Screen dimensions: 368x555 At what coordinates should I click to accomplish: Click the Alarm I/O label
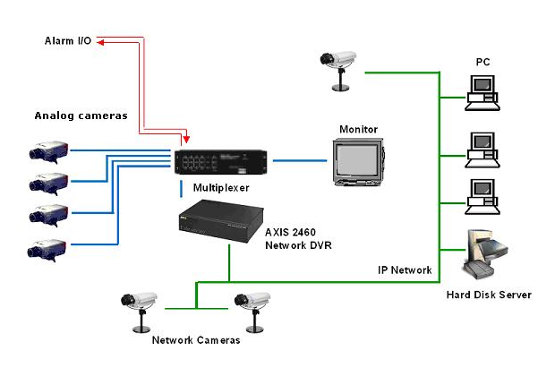point(68,41)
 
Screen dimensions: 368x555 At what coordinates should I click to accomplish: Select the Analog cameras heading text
point(81,116)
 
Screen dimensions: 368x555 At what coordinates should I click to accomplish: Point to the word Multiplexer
point(221,189)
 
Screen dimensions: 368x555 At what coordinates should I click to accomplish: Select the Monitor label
point(358,130)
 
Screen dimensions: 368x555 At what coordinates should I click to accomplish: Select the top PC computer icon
point(483,89)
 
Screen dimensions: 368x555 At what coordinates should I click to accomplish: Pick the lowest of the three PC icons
point(483,196)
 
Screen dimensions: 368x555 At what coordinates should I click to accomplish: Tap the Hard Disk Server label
point(489,295)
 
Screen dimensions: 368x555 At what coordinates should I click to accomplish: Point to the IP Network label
point(405,270)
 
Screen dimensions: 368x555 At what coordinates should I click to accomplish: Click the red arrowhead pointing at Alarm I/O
point(102,41)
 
